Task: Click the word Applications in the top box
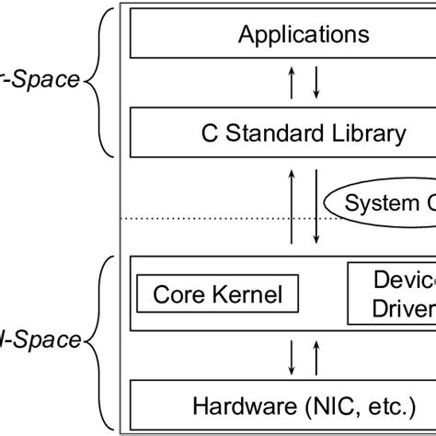[304, 35]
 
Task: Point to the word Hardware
[240, 404]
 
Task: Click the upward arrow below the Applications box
[293, 84]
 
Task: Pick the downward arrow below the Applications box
[316, 84]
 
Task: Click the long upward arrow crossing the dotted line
[293, 207]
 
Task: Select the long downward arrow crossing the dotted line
[316, 207]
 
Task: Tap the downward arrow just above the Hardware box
[293, 355]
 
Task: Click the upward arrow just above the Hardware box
[316, 355]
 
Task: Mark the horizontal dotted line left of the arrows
[202, 218]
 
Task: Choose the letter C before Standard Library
[208, 133]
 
